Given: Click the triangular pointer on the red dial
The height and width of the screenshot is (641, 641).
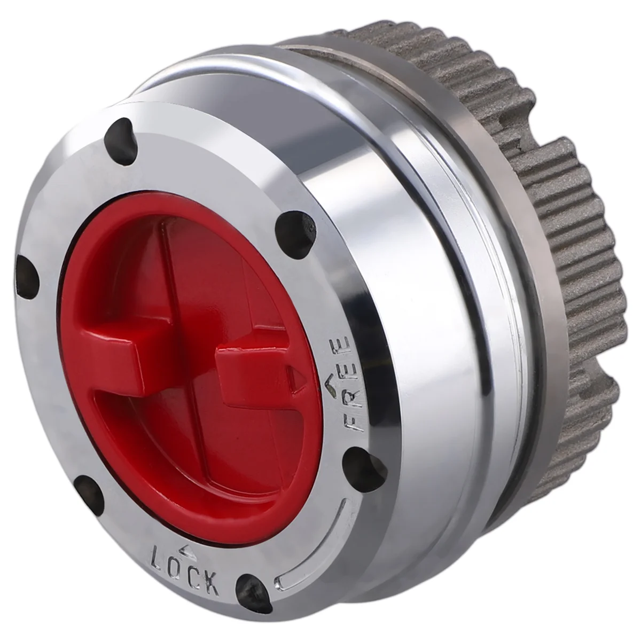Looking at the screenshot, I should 292,375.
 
